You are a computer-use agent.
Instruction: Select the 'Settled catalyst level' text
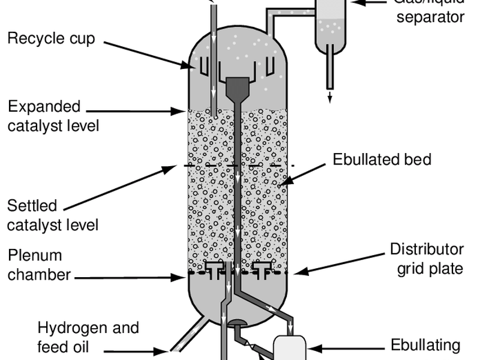[x=53, y=215]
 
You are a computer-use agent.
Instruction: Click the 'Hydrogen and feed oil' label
[x=88, y=337]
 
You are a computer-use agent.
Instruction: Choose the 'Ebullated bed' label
[x=382, y=160]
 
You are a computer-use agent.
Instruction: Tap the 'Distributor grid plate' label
[x=427, y=259]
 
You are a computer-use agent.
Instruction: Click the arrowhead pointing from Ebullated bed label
[x=281, y=184]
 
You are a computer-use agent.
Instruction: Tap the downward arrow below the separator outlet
[x=329, y=97]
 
